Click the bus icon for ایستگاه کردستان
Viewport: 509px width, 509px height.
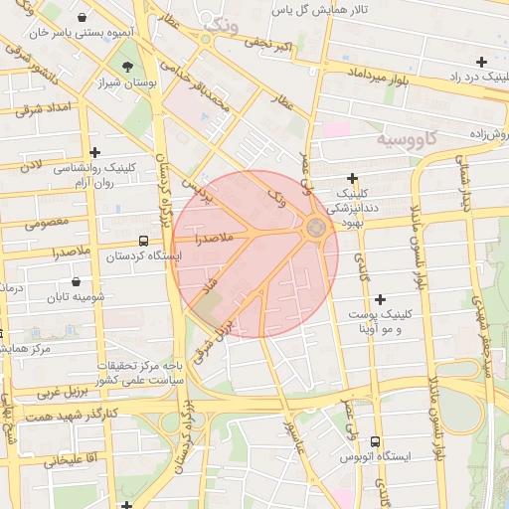coord(145,241)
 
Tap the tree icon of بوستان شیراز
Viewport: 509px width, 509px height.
coord(127,66)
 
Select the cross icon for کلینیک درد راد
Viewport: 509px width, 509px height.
coord(482,62)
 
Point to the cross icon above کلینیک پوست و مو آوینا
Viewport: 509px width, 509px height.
coord(379,298)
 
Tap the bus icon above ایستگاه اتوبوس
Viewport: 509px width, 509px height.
coord(376,441)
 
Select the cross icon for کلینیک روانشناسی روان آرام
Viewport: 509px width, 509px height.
coord(94,153)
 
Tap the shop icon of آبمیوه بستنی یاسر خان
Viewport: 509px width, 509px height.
coord(80,18)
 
